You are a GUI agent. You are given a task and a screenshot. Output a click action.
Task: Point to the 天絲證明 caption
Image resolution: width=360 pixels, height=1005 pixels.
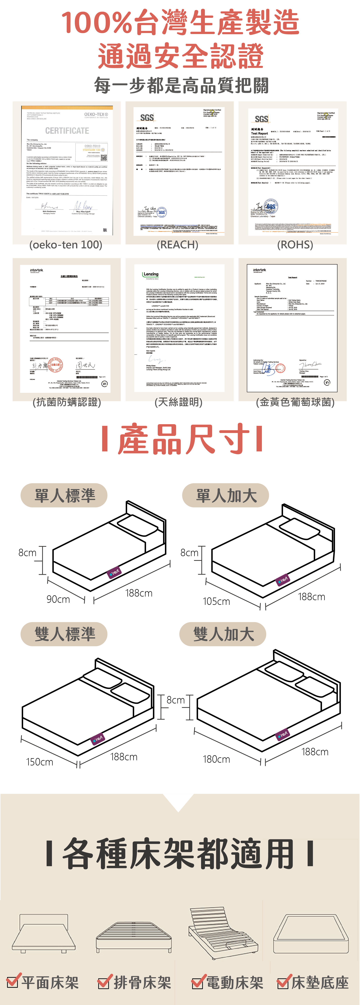click(x=178, y=402)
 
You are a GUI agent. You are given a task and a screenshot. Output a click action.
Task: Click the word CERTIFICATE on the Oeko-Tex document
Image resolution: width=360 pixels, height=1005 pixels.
click(x=67, y=131)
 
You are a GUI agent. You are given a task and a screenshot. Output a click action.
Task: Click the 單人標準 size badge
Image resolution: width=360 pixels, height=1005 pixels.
click(x=64, y=496)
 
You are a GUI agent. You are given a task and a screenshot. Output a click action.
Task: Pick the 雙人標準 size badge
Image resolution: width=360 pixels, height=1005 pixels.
click(x=64, y=634)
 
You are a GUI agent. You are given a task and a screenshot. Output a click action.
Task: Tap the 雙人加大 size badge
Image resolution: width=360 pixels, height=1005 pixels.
click(x=223, y=634)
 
